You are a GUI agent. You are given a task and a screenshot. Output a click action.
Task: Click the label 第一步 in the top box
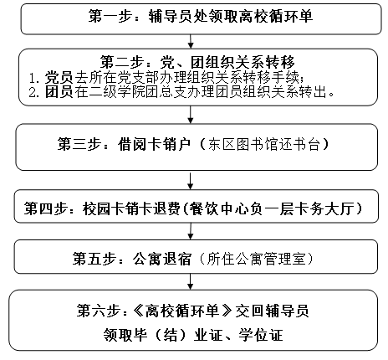tap(110, 16)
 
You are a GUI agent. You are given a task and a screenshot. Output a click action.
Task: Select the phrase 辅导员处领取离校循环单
tap(231, 16)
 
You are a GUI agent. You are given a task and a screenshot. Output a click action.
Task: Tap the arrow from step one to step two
tap(191, 41)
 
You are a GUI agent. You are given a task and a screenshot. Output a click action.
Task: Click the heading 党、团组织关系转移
tap(227, 61)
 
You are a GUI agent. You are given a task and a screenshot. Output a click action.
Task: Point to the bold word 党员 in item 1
tap(59, 77)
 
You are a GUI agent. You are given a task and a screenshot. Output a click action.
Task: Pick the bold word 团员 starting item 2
tap(59, 91)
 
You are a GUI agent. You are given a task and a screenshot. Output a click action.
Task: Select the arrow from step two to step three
tap(191, 115)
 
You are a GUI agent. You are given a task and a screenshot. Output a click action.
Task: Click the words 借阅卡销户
tap(154, 144)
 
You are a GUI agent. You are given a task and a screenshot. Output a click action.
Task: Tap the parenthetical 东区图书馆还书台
tap(263, 144)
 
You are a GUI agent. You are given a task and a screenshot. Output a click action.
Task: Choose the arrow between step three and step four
tap(191, 181)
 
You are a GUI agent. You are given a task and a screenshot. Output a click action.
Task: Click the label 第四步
tap(45, 208)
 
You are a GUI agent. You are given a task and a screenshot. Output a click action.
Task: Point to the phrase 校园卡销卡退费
tap(131, 208)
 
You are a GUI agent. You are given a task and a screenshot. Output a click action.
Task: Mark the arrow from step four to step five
tap(191, 231)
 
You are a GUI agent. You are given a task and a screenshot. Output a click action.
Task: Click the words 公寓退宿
tap(162, 259)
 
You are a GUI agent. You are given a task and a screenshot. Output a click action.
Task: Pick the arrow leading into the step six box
tap(191, 281)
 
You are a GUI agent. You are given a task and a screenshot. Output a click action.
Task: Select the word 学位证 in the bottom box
tap(260, 335)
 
